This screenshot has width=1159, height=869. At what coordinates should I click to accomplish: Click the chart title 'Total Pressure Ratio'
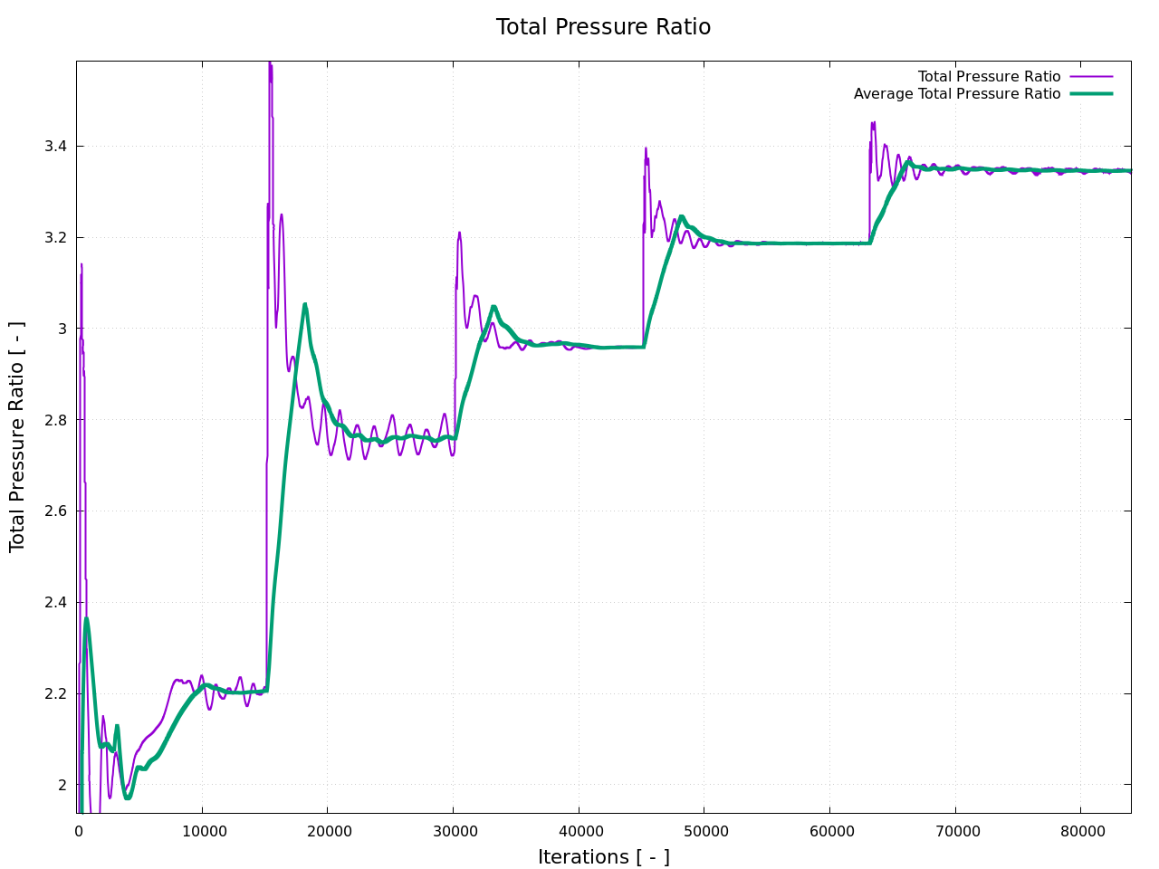tap(603, 27)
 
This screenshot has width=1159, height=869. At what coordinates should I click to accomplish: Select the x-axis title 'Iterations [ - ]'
tap(603, 856)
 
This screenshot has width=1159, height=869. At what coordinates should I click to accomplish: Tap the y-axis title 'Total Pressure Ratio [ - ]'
tap(17, 436)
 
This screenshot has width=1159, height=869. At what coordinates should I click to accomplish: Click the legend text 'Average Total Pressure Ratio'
tap(956, 94)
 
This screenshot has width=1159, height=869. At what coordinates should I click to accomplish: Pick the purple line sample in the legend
tap(1090, 77)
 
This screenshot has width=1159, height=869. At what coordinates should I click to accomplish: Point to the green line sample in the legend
tap(1090, 94)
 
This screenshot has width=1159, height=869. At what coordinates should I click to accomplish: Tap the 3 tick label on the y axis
tap(62, 329)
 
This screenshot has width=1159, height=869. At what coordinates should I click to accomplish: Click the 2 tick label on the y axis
tap(62, 785)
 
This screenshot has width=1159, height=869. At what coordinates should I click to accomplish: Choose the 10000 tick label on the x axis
tap(202, 831)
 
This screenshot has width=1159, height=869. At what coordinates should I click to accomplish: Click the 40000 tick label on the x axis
tap(578, 831)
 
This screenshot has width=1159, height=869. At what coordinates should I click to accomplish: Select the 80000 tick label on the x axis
tap(1080, 831)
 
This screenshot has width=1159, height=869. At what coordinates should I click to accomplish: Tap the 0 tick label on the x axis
tap(79, 831)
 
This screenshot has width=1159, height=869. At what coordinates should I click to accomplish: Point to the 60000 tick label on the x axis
tap(829, 831)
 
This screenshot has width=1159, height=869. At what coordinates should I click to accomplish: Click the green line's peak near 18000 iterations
tap(305, 304)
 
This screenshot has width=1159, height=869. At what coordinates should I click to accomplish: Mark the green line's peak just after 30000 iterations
tap(493, 307)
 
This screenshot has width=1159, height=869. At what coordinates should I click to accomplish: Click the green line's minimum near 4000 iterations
tap(128, 797)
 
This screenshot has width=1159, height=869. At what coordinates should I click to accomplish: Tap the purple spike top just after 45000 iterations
tap(646, 148)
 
